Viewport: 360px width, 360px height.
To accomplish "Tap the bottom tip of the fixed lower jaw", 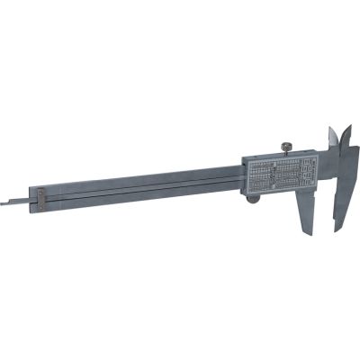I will coord(337,228).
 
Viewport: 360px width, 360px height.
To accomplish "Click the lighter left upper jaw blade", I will coord(329,139).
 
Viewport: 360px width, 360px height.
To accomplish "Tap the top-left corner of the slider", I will coord(245,160).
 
